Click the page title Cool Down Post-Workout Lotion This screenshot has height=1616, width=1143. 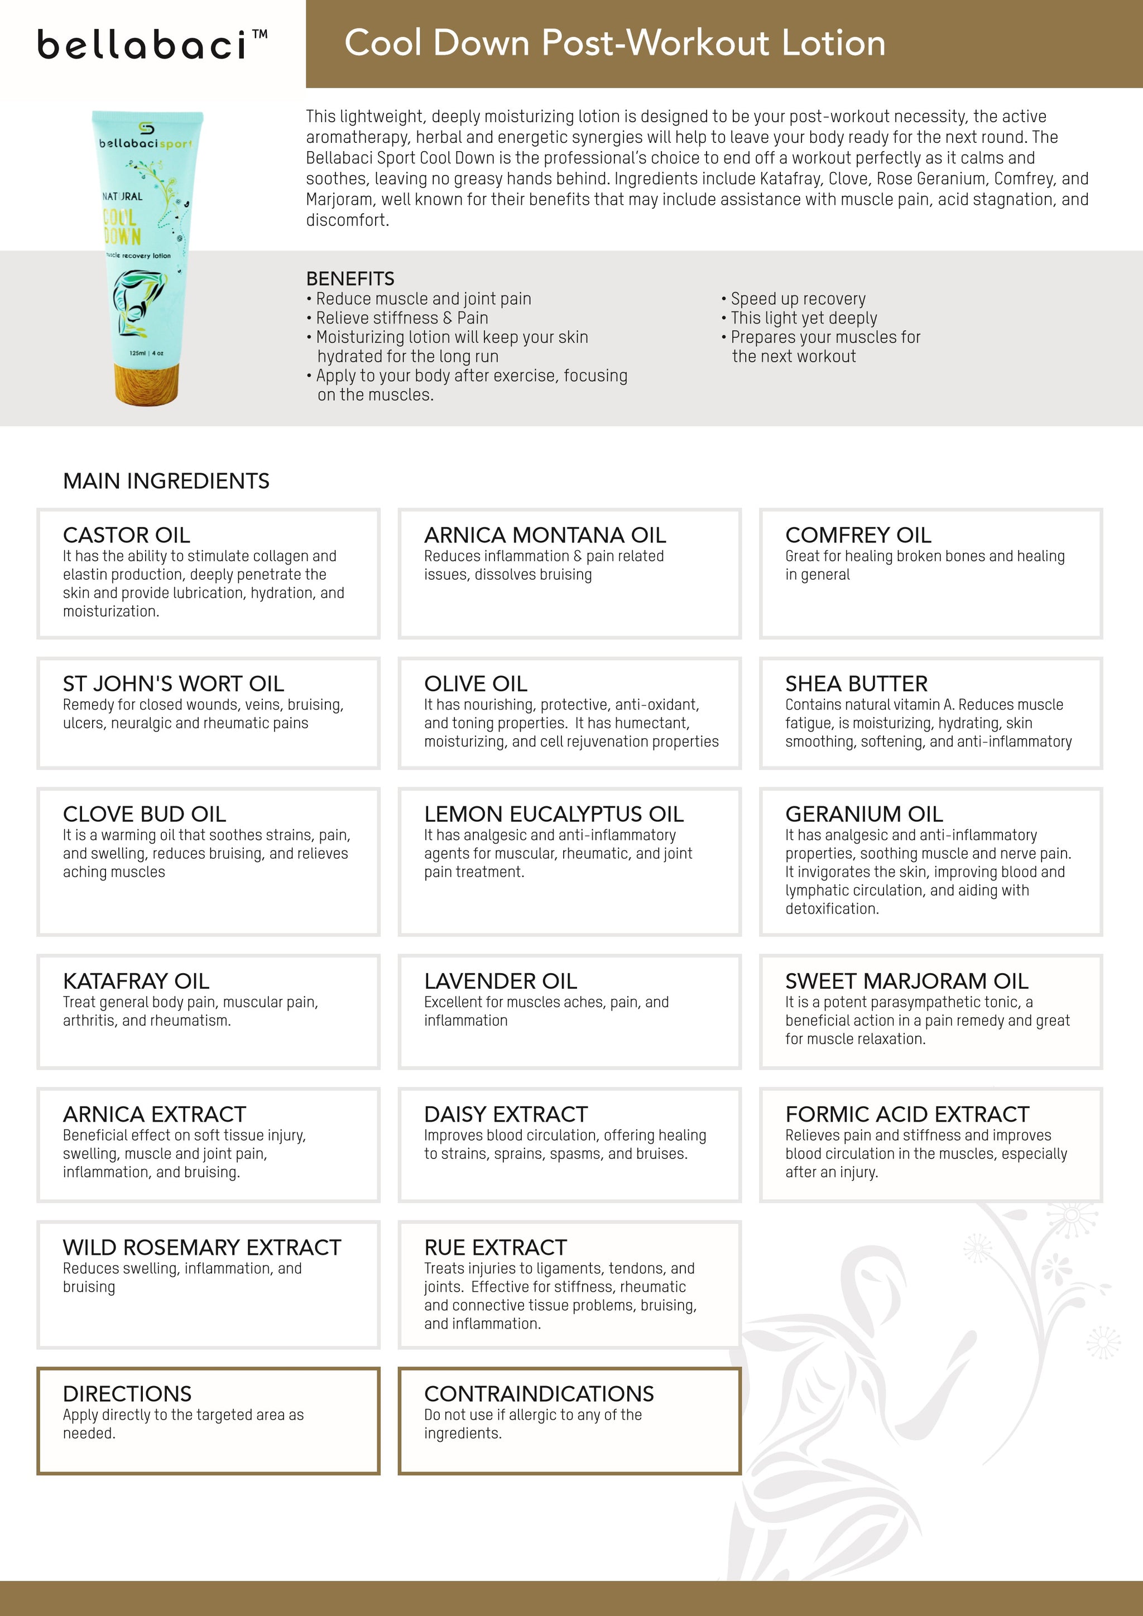click(x=614, y=43)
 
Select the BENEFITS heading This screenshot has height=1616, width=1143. click(x=350, y=278)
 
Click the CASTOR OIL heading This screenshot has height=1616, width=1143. click(x=126, y=535)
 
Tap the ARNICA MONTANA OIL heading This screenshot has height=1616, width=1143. click(x=545, y=535)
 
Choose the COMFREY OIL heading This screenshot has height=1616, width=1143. click(x=858, y=535)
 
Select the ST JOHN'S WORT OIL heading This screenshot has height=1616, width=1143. click(x=173, y=684)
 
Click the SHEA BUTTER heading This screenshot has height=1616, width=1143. click(x=856, y=684)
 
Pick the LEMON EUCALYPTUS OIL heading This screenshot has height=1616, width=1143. click(x=553, y=814)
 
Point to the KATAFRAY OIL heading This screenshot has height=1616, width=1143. click(x=136, y=980)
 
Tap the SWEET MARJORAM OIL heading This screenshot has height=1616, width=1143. click(x=906, y=980)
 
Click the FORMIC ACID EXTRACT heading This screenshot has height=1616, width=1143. click(x=907, y=1114)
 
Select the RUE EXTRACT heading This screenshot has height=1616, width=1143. click(x=495, y=1247)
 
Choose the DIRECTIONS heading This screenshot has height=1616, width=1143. click(x=127, y=1393)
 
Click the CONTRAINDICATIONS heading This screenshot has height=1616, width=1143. click(x=539, y=1393)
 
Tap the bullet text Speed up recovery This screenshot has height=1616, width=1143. click(x=798, y=299)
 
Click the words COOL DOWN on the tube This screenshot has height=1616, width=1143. click(x=122, y=226)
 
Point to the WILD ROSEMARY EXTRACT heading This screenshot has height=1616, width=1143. click(x=201, y=1247)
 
